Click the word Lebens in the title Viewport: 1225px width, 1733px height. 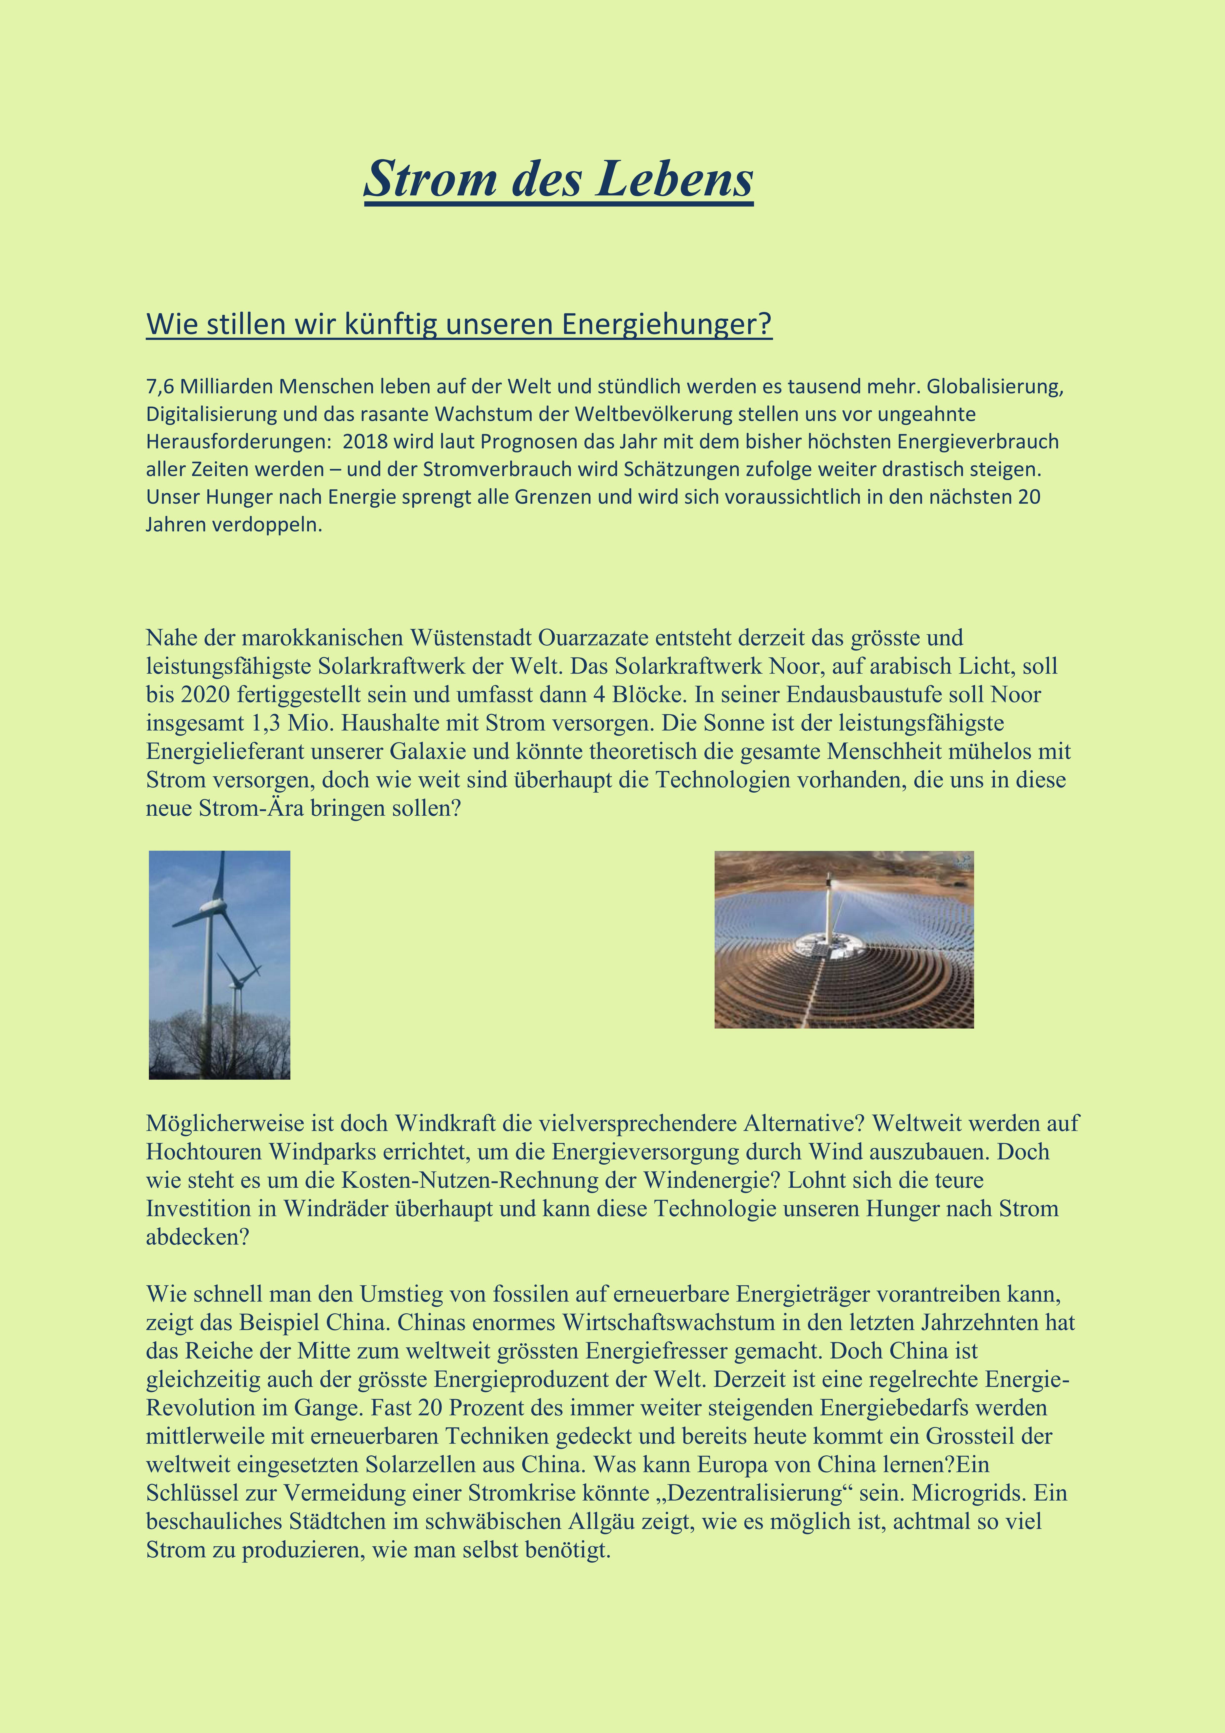(674, 180)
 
